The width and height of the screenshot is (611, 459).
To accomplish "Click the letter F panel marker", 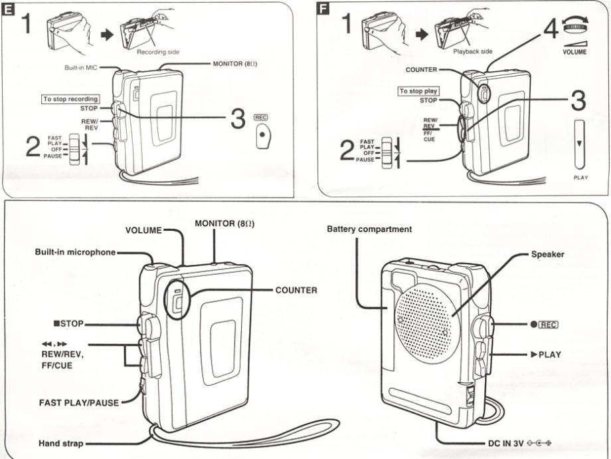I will click(x=324, y=11).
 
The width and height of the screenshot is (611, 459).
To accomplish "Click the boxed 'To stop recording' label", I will click(x=70, y=98).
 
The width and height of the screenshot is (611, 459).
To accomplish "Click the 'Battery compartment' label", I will click(x=369, y=230).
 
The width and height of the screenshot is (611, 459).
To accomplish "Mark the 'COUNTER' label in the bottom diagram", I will click(x=296, y=291).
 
